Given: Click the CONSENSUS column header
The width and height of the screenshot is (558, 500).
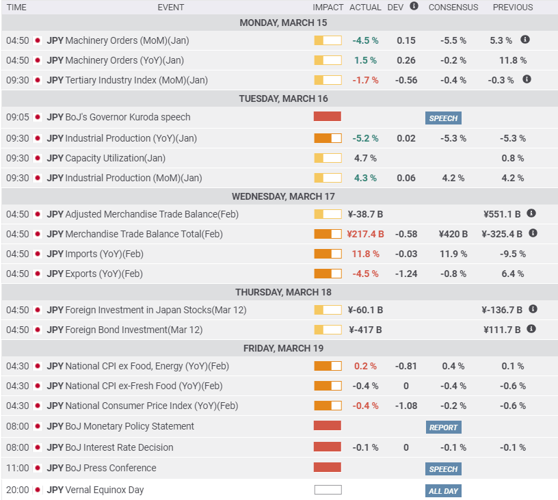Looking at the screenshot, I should (x=453, y=8).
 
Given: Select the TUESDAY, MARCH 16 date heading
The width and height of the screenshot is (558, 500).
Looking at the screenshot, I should (x=283, y=98).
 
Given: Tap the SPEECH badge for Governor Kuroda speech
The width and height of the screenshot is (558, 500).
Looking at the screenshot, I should (x=443, y=118).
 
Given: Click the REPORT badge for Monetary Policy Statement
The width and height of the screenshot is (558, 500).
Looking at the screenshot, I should (x=443, y=427).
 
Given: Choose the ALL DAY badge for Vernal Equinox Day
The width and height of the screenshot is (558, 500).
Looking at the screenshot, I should (x=443, y=491).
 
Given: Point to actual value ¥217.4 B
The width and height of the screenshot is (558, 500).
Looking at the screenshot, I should (x=365, y=234).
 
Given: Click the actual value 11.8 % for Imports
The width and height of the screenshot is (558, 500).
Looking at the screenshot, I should (x=365, y=254).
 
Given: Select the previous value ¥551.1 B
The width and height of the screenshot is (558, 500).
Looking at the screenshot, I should (x=501, y=214).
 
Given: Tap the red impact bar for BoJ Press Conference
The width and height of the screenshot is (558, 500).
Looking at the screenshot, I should (x=328, y=468).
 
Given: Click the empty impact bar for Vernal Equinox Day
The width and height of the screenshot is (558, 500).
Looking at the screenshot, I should (x=328, y=490).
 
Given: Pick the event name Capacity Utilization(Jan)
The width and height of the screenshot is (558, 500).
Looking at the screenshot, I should (x=115, y=158).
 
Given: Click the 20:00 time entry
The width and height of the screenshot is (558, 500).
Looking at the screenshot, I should (x=17, y=490).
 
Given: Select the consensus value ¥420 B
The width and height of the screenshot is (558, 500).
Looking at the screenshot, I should (x=453, y=234).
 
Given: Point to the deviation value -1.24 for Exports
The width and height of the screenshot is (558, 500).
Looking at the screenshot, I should (x=406, y=274).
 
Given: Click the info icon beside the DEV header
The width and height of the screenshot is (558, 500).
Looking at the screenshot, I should (x=414, y=6).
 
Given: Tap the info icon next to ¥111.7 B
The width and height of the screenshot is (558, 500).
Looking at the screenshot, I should (x=531, y=329).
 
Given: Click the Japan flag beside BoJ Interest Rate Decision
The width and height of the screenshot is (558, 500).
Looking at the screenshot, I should (x=38, y=447).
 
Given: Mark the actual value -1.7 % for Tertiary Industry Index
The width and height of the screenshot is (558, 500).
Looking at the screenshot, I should (x=365, y=80).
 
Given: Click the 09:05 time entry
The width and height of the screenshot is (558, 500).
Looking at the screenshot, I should (x=17, y=117).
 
